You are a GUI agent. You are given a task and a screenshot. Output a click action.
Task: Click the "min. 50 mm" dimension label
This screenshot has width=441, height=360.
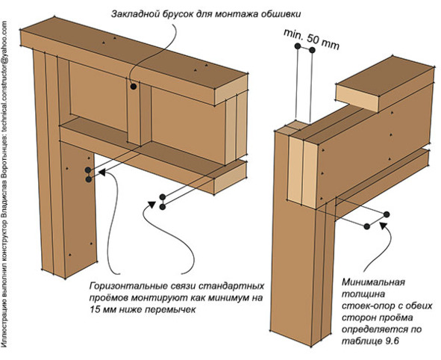click(x=311, y=39)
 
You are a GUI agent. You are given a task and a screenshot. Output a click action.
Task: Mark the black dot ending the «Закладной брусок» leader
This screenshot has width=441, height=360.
click(x=134, y=87)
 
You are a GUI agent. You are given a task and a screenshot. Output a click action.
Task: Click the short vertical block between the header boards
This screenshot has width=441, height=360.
click(x=140, y=115)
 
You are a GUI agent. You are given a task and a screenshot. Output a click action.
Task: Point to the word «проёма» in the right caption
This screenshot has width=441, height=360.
click(x=397, y=317)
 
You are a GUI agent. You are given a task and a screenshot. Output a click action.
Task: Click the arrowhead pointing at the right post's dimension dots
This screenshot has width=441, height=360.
click(x=383, y=224)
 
